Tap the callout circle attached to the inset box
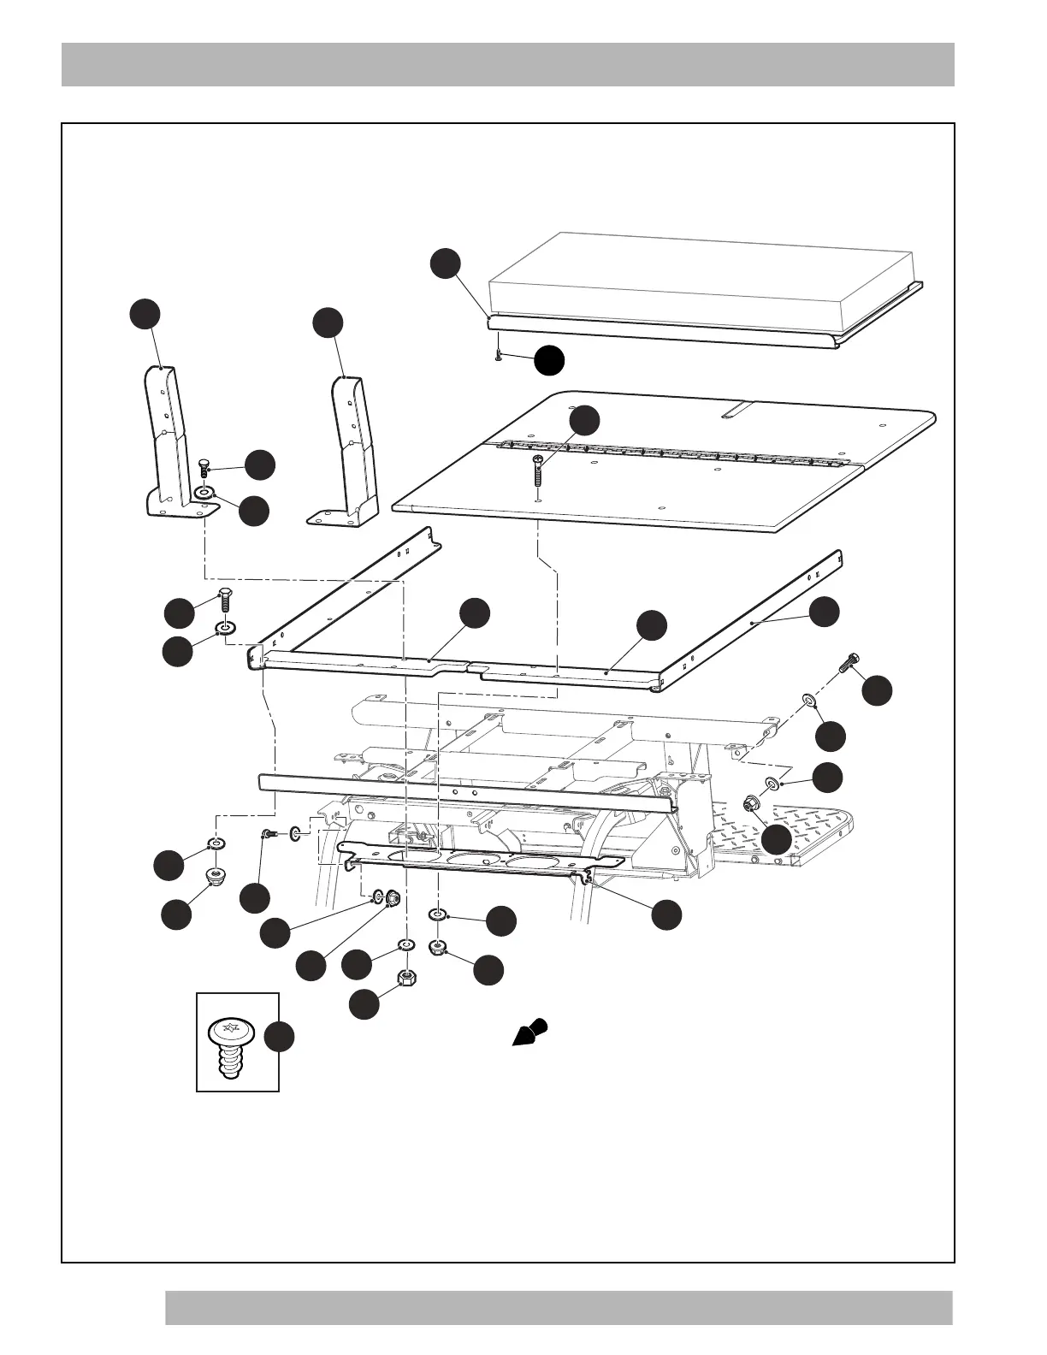click(279, 1036)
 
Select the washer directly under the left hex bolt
click(225, 630)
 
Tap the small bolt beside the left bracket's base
click(204, 467)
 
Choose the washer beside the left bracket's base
click(204, 494)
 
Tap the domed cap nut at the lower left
click(216, 876)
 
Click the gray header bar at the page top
click(508, 64)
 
